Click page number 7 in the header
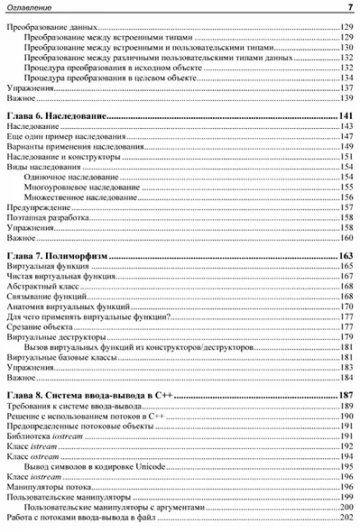coord(348,8)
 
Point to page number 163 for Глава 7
coord(345,257)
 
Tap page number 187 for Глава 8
coord(345,396)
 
